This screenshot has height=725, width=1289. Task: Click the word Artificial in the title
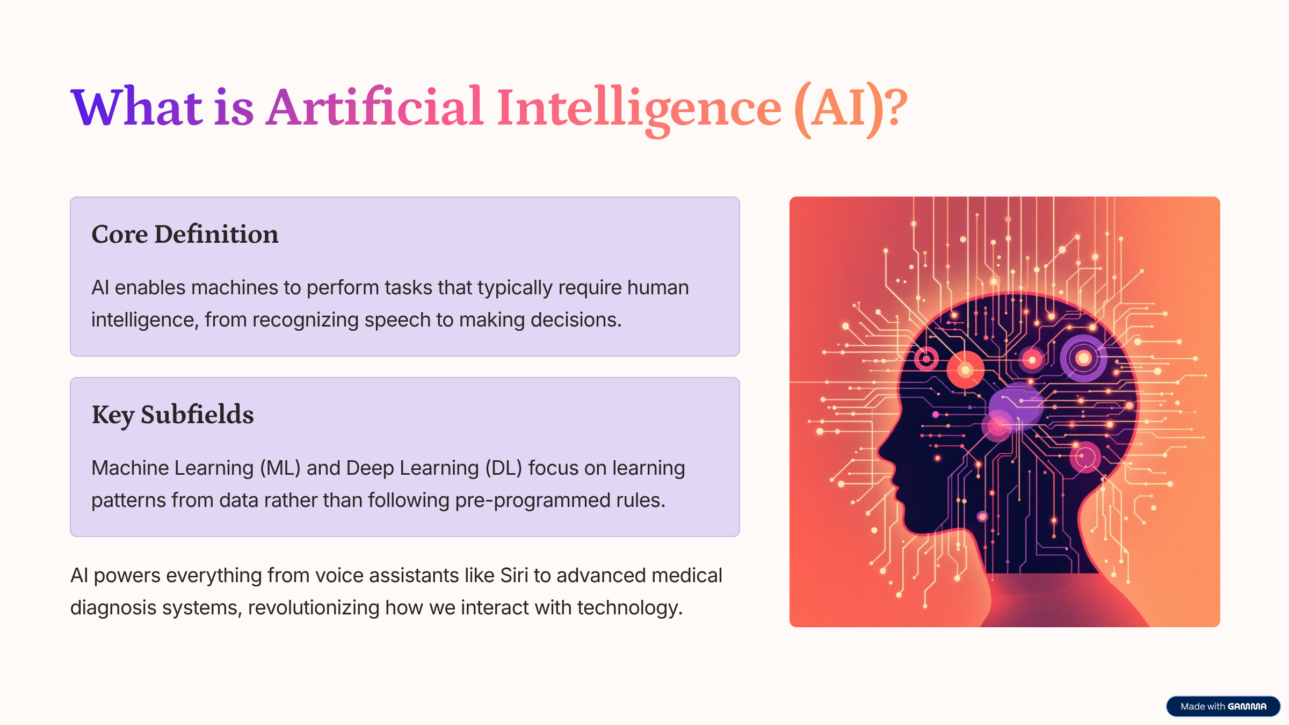[x=375, y=107]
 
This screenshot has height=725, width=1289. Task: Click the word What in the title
[x=136, y=107]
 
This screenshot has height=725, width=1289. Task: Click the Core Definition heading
[x=185, y=234]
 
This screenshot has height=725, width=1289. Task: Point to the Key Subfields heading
[x=172, y=415]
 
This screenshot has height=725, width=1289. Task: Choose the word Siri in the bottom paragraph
[x=514, y=575]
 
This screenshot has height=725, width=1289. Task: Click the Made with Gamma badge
[x=1223, y=706]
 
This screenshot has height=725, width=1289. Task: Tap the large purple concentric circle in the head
[x=1083, y=358]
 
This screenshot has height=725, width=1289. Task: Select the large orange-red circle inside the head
[x=965, y=370]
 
